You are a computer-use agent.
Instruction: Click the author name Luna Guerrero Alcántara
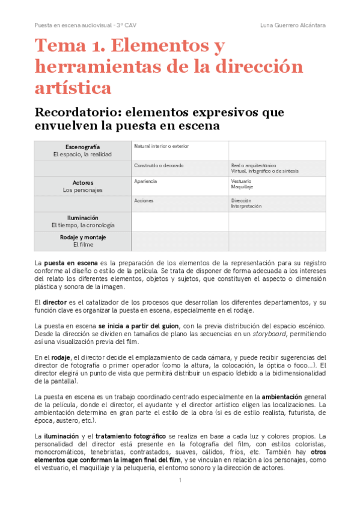click(293, 25)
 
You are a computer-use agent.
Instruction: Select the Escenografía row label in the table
click(82, 150)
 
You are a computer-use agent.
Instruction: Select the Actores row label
click(82, 186)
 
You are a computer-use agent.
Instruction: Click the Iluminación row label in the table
click(82, 221)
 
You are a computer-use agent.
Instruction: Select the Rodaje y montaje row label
click(82, 241)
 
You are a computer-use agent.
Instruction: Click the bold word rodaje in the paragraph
click(61, 357)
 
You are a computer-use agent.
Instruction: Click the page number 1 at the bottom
click(180, 480)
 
